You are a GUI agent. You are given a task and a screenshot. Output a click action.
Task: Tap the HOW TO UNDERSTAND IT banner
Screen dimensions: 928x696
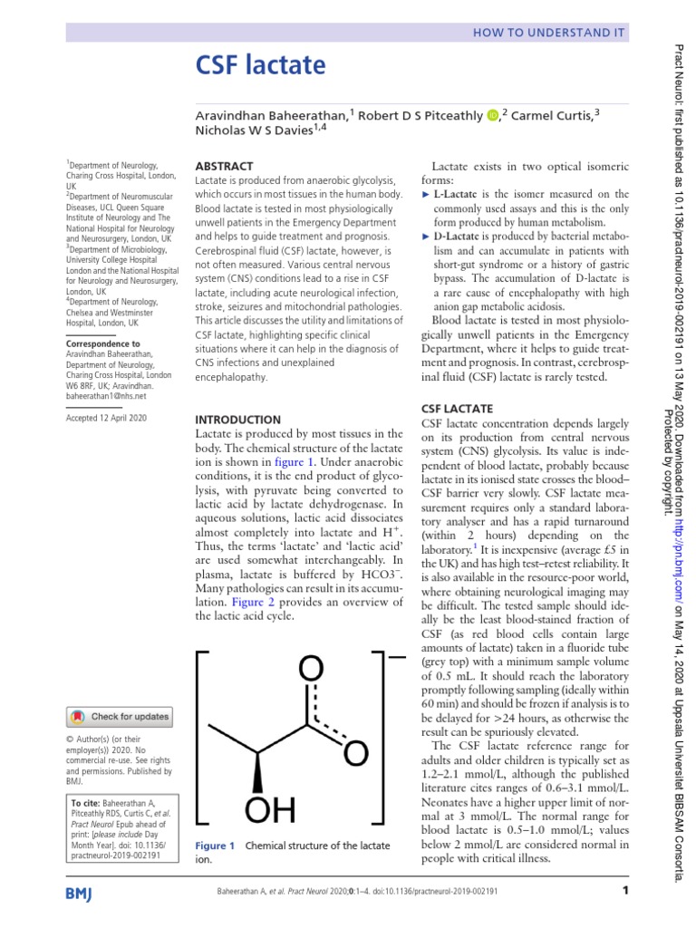pos(548,33)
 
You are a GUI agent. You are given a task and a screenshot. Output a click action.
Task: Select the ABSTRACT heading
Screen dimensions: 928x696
pos(225,167)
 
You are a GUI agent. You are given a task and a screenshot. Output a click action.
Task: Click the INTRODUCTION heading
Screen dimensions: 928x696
pos(238,420)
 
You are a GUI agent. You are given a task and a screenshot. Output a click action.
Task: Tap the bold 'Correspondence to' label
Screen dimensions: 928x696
pos(102,344)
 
